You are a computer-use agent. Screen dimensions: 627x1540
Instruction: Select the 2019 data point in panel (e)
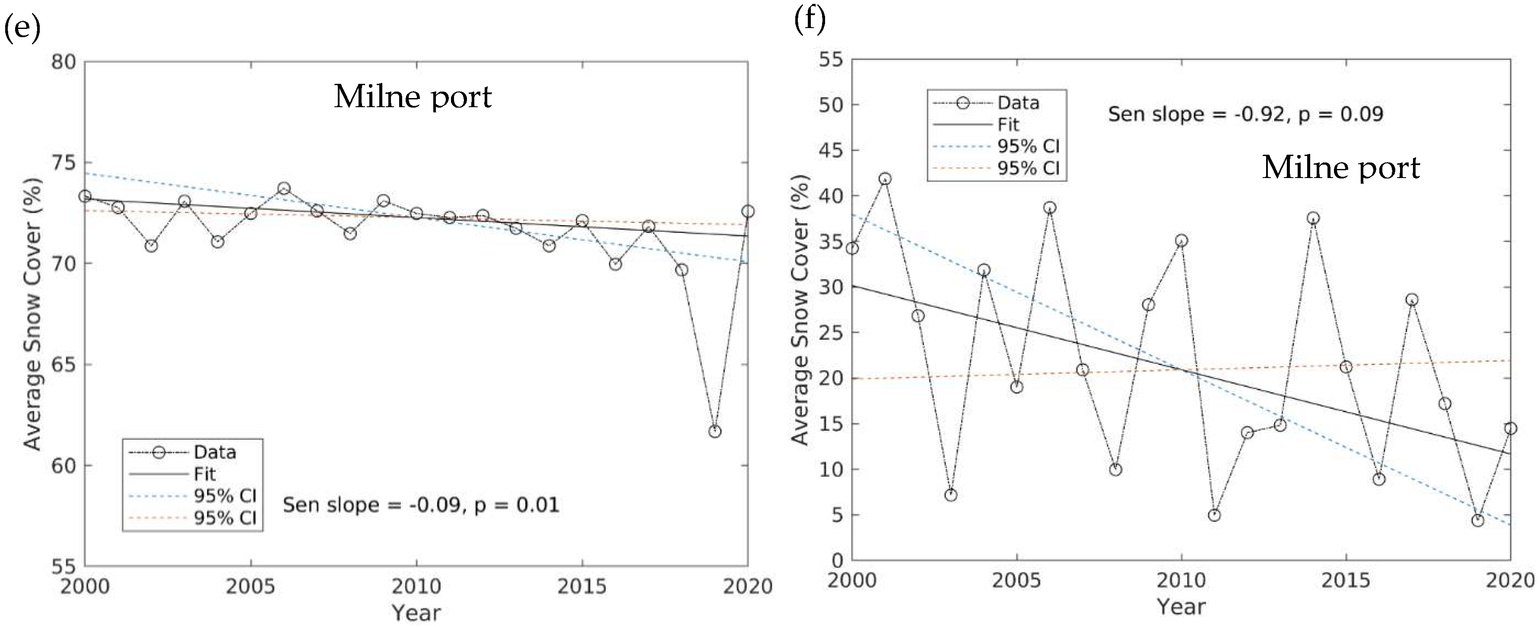coord(714,431)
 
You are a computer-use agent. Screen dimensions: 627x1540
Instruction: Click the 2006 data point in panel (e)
coord(284,188)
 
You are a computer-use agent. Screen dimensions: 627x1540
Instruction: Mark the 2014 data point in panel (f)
coord(1313,218)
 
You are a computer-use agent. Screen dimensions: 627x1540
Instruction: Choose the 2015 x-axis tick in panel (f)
coord(1346,580)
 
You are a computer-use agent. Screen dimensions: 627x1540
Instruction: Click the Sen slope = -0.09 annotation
coord(421,505)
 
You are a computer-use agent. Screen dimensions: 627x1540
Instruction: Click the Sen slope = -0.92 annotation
coord(1246,114)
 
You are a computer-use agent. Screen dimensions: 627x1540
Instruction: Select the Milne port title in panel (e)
coord(413,97)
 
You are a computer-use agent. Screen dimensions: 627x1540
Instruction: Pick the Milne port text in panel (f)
coord(1341,168)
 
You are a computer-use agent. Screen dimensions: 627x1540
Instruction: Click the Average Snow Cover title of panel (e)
coord(33,314)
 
